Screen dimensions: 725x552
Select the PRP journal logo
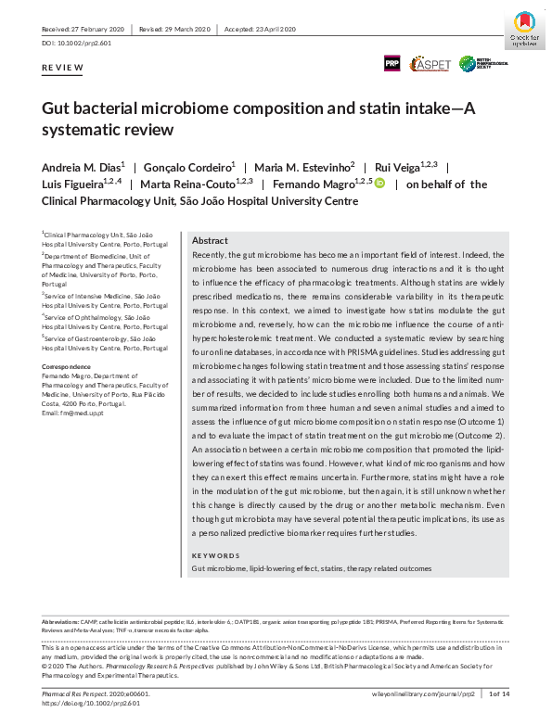pos(393,63)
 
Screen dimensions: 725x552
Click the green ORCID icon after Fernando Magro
pos(379,184)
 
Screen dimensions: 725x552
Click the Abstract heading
pos(210,240)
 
